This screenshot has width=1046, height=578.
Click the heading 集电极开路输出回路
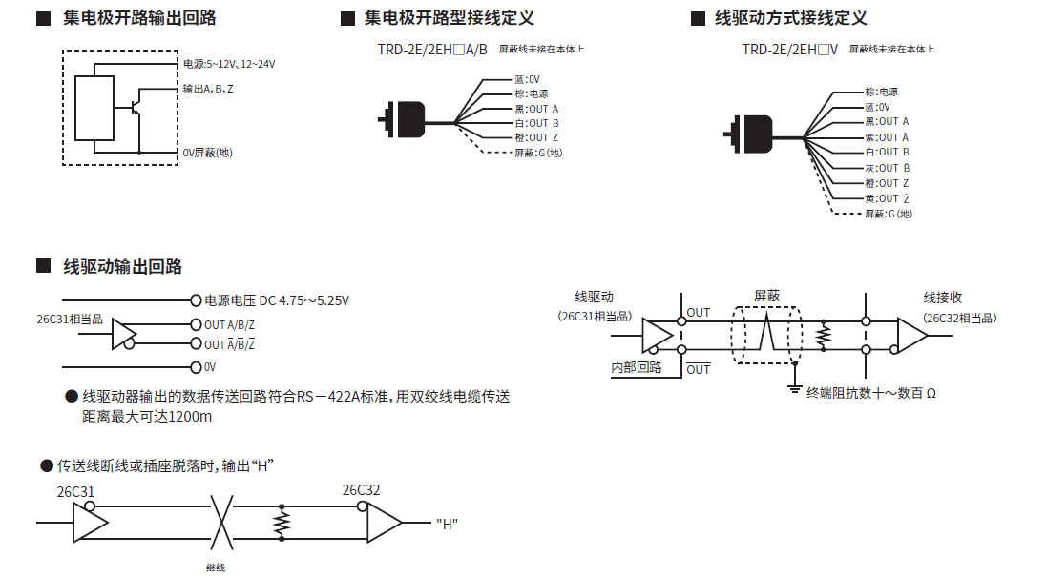[139, 18]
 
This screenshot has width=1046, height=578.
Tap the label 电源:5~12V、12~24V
[229, 64]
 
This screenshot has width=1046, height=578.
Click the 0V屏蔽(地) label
[207, 153]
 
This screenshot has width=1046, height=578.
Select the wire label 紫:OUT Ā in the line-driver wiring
[887, 137]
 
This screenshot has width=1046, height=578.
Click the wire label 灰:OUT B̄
[887, 168]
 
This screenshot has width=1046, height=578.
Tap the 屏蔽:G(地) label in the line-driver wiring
[889, 214]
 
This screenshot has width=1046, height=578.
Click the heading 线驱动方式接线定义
[791, 18]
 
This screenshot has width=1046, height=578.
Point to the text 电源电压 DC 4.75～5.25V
[277, 300]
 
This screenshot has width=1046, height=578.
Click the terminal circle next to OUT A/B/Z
[197, 324]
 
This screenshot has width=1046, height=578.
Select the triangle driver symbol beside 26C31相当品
[124, 334]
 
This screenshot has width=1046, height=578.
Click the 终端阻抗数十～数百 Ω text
[870, 392]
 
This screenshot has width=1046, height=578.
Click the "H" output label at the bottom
[447, 524]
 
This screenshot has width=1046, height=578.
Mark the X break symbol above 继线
[221, 522]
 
